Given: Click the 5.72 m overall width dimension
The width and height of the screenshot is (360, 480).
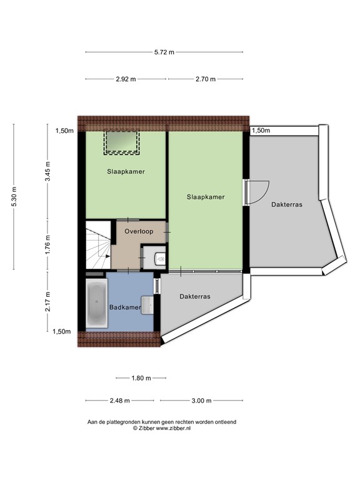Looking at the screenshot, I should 163,52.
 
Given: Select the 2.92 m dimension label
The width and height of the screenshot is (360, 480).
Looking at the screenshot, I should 126,79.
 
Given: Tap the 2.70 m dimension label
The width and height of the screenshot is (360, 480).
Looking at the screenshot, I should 205,79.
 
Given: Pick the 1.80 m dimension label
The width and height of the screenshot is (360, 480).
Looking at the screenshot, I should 141,377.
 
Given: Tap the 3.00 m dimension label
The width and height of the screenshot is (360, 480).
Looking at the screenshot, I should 201,401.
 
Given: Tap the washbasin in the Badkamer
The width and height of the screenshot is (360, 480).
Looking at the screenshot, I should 148,304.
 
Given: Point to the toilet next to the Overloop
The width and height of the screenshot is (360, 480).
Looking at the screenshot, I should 156,256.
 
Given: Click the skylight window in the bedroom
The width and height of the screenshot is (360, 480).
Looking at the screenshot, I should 121,142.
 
